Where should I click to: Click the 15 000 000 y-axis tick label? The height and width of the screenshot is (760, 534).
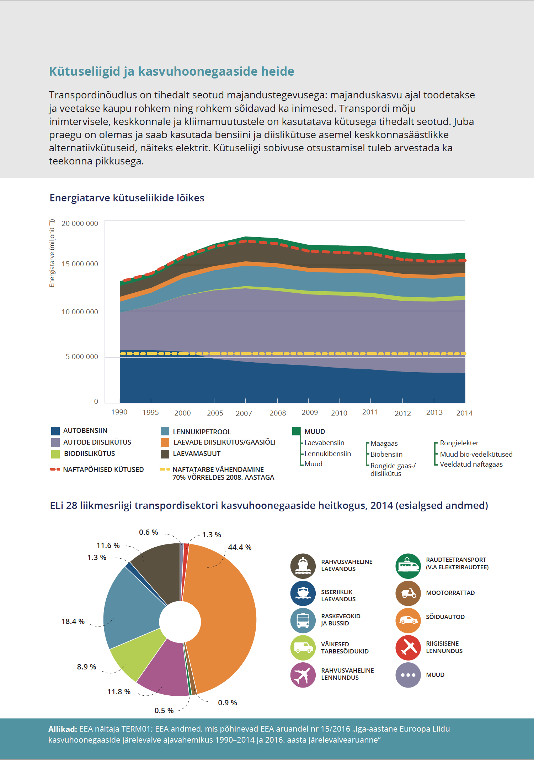[x=80, y=264]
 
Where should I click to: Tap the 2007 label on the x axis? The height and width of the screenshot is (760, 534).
[x=244, y=413]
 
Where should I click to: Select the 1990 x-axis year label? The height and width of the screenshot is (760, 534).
[x=119, y=412]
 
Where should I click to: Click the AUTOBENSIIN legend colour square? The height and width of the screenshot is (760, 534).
[x=55, y=431]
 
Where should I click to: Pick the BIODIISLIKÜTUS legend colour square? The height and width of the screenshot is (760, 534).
[x=55, y=454]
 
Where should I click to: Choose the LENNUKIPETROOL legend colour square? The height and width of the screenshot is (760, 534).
[x=165, y=431]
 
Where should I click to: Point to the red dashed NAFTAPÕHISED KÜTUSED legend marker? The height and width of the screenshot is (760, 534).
[x=55, y=469]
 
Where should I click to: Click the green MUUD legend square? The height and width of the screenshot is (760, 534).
[x=297, y=431]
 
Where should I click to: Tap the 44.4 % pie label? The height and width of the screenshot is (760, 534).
[x=240, y=547]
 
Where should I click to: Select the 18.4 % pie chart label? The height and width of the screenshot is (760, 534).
[x=73, y=621]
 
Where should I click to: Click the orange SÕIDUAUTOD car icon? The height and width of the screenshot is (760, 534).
[x=408, y=620]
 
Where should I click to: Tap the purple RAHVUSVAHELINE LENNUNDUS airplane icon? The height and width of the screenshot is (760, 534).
[x=303, y=675]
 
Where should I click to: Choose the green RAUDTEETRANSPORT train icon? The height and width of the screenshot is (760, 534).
[x=408, y=566]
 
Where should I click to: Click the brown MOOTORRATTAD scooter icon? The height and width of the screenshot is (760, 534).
[x=408, y=593]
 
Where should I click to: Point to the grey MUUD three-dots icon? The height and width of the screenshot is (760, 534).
[x=408, y=675]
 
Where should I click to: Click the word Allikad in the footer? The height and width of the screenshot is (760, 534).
[x=63, y=729]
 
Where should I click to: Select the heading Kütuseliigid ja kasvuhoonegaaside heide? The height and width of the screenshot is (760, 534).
[x=171, y=71]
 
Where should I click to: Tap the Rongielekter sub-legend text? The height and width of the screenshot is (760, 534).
[x=459, y=443]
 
